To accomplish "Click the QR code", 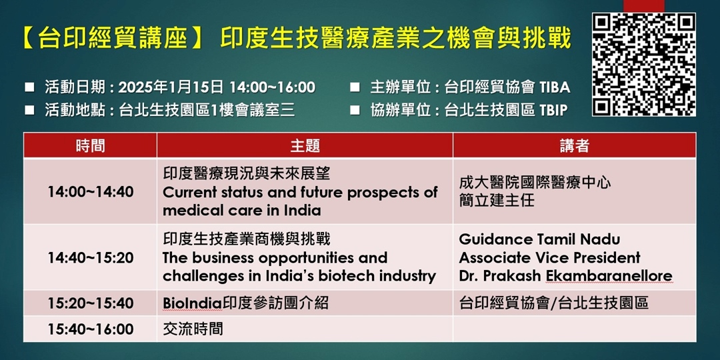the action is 644,64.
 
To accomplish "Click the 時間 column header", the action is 90,146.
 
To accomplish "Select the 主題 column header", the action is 305,146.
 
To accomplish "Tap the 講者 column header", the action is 575,146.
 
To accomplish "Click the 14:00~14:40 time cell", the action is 91,192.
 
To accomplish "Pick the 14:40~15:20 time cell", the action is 91,257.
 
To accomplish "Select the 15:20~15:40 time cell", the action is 91,303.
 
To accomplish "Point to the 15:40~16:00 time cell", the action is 91,329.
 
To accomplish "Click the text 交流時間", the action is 193,329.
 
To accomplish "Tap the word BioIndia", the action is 193,303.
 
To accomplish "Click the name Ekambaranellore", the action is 609,276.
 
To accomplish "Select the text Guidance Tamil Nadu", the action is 539,239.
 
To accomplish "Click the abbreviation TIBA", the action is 555,87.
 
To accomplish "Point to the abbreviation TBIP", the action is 554,110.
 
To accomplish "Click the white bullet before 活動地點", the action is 29,110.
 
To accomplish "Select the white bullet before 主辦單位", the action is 355,87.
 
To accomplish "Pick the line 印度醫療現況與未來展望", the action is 247,174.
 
